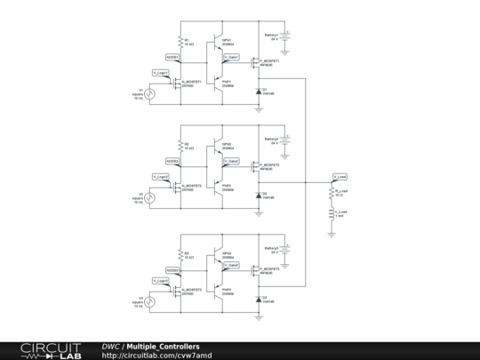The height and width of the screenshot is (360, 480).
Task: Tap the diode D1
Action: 259,91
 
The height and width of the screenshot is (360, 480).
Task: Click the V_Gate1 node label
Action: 230,56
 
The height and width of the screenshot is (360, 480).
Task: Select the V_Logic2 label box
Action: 160,176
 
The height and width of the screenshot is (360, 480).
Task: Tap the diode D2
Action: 259,195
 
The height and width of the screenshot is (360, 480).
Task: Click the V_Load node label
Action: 340,176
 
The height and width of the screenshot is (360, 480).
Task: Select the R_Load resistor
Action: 332,192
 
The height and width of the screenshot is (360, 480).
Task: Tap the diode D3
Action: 259,298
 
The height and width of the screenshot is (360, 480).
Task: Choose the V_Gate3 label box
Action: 230,265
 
